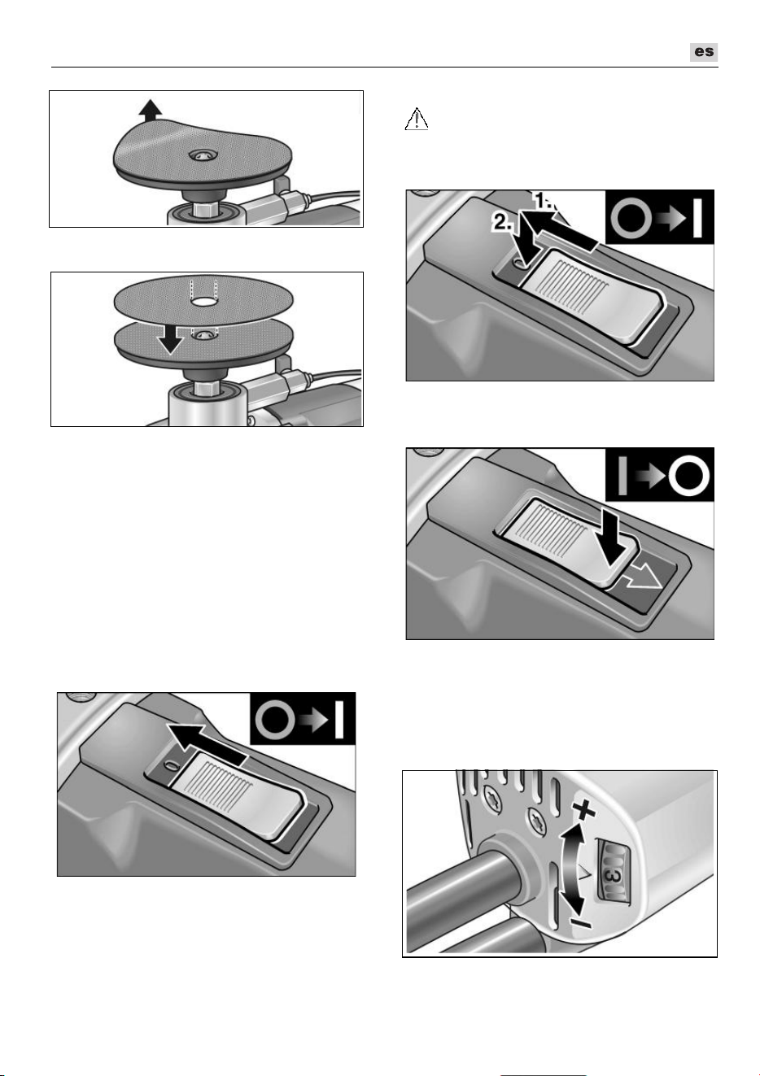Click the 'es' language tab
(x=704, y=52)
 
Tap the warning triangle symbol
(x=417, y=119)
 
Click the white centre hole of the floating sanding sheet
(x=203, y=302)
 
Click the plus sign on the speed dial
(x=584, y=812)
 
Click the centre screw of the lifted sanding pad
(x=203, y=155)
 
